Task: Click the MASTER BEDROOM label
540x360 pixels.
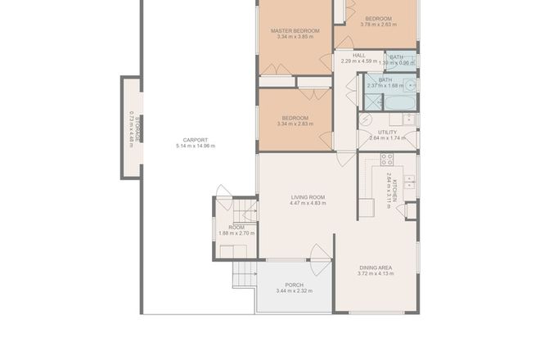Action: coord(295,30)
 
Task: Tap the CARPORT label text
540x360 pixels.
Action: coord(195,139)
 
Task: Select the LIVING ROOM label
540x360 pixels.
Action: coord(308,197)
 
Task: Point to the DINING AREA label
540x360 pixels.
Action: coord(376,267)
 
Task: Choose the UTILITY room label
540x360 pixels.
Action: coord(387,132)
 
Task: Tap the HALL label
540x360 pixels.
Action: coord(358,55)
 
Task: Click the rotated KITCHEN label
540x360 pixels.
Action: coord(394,189)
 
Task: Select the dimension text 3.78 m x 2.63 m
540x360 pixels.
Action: coord(377,25)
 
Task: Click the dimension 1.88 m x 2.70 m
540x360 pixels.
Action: coord(236,233)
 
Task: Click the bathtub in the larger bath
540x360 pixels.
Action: coord(400,102)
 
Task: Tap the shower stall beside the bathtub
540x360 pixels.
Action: coord(373,101)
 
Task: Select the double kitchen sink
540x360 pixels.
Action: coord(411,182)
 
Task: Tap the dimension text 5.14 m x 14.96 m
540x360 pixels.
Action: coord(195,146)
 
